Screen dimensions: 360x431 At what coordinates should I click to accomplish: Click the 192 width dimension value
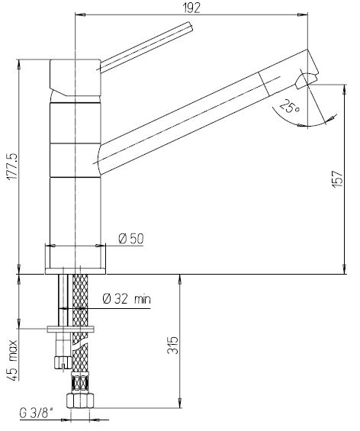click(191, 8)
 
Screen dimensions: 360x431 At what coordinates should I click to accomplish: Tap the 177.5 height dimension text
click(12, 167)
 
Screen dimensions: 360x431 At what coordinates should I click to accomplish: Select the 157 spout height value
click(337, 179)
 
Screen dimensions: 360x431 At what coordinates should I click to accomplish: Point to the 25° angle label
click(289, 106)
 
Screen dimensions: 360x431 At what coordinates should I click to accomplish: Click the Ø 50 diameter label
click(131, 239)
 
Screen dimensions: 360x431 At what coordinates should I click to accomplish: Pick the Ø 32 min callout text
click(127, 298)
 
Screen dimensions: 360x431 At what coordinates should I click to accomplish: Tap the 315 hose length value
click(173, 346)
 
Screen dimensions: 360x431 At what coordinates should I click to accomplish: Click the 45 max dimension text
click(12, 360)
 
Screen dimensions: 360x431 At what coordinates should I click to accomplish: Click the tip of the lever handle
click(191, 27)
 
